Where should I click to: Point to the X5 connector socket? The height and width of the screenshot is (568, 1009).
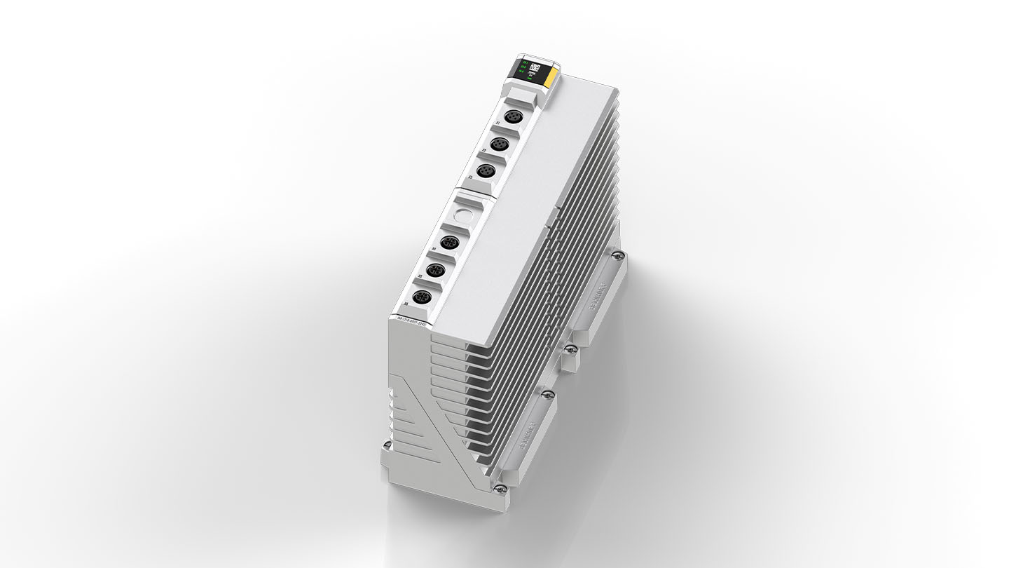click(434, 270)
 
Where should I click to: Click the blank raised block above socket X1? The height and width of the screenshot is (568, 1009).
click(521, 94)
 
